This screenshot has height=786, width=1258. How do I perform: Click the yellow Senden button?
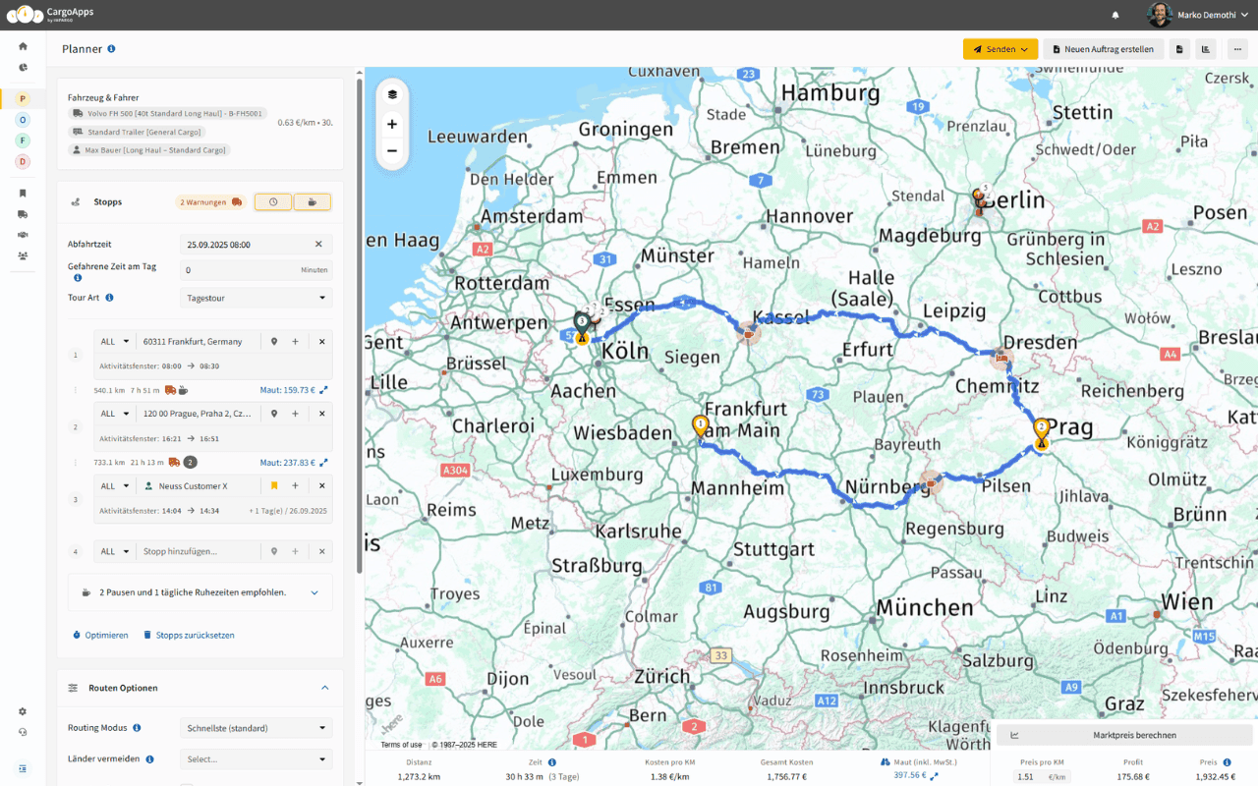pyautogui.click(x=1000, y=49)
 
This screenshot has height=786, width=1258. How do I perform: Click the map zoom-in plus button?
pyautogui.click(x=392, y=124)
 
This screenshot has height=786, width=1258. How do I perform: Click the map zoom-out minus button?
pyautogui.click(x=392, y=151)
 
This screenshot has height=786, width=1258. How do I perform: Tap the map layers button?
pyautogui.click(x=392, y=94)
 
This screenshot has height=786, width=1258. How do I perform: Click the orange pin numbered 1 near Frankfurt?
pyautogui.click(x=701, y=426)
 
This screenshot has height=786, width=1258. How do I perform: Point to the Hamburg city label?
pyautogui.click(x=830, y=93)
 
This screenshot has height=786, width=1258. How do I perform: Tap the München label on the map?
pyautogui.click(x=924, y=607)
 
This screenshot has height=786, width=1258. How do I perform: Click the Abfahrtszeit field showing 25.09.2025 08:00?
pyautogui.click(x=246, y=244)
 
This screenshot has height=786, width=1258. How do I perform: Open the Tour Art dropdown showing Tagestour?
pyautogui.click(x=256, y=298)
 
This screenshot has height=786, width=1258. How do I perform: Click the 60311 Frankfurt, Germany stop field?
pyautogui.click(x=201, y=342)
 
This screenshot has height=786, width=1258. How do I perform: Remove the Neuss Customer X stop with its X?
pyautogui.click(x=321, y=486)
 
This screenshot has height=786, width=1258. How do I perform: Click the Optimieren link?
pyautogui.click(x=101, y=635)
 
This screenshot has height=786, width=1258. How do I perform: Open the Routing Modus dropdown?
pyautogui.click(x=256, y=728)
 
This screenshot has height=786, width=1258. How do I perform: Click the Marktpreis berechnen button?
pyautogui.click(x=1124, y=735)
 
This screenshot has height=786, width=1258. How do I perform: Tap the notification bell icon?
pyautogui.click(x=1115, y=15)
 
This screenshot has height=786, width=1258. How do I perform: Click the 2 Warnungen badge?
pyautogui.click(x=209, y=202)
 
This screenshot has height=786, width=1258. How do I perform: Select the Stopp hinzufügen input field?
pyautogui.click(x=201, y=552)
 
